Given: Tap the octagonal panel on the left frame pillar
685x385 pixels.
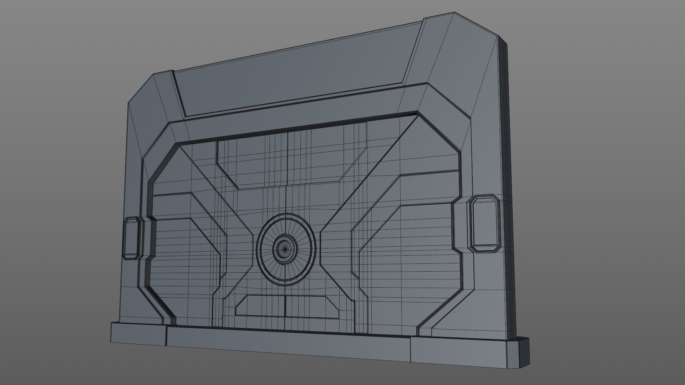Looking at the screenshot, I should click(131, 238).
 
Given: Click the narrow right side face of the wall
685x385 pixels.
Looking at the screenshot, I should click(508, 178).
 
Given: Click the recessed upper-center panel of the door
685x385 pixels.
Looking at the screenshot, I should click(285, 160).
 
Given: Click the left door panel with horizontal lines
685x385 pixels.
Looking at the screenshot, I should click(186, 257).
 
